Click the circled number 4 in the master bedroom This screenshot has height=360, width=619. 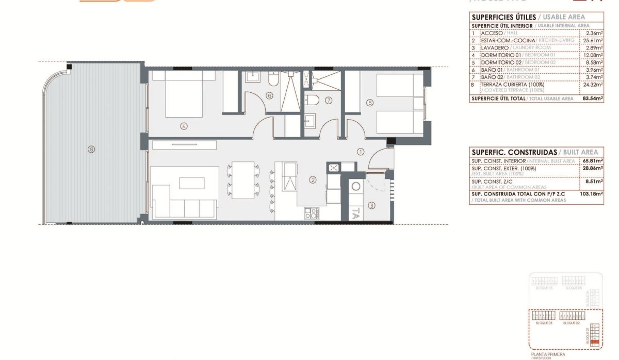coord(183,125)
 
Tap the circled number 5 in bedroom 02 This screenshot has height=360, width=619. coord(369,103)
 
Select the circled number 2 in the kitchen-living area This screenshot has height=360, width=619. coord(312,180)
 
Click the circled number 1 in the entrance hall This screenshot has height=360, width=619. coord(361,152)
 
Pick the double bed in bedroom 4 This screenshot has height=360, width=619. coord(183,94)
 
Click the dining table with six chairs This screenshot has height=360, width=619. coord(243,180)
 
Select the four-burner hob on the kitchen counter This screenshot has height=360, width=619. coord(311,213)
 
